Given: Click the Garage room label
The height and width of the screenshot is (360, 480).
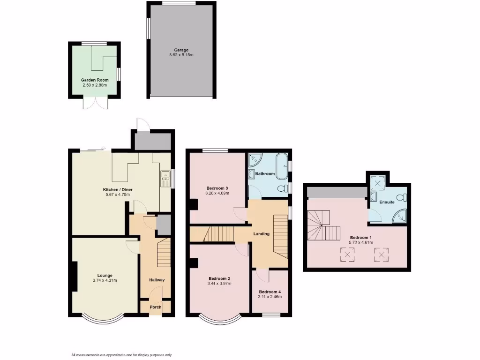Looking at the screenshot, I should click(181, 50).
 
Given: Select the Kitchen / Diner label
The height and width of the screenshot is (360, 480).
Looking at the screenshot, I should click(116, 189).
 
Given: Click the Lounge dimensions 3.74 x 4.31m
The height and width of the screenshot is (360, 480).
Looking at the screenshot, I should click(105, 281).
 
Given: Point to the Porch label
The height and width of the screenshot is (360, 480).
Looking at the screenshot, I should click(155, 307).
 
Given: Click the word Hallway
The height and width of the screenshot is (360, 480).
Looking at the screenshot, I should click(157, 280).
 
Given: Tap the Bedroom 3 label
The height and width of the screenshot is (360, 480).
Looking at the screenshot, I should click(217, 187).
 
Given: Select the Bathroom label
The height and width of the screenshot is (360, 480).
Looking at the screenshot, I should click(265, 174).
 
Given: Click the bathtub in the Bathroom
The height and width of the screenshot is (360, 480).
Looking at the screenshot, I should click(282, 166).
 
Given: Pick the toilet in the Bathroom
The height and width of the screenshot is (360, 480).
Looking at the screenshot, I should click(282, 189).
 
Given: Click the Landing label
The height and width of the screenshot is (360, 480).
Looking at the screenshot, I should click(261, 234).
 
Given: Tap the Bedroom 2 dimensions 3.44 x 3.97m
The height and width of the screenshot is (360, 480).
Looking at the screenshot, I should click(219, 284).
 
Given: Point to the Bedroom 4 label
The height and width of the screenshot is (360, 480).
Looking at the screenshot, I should click(270, 292).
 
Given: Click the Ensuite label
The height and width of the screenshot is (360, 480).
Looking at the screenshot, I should click(387, 202).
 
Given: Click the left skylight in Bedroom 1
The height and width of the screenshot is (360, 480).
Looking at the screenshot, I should click(347, 255).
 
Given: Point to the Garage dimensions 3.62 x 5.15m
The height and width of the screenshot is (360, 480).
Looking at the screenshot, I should click(181, 55).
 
